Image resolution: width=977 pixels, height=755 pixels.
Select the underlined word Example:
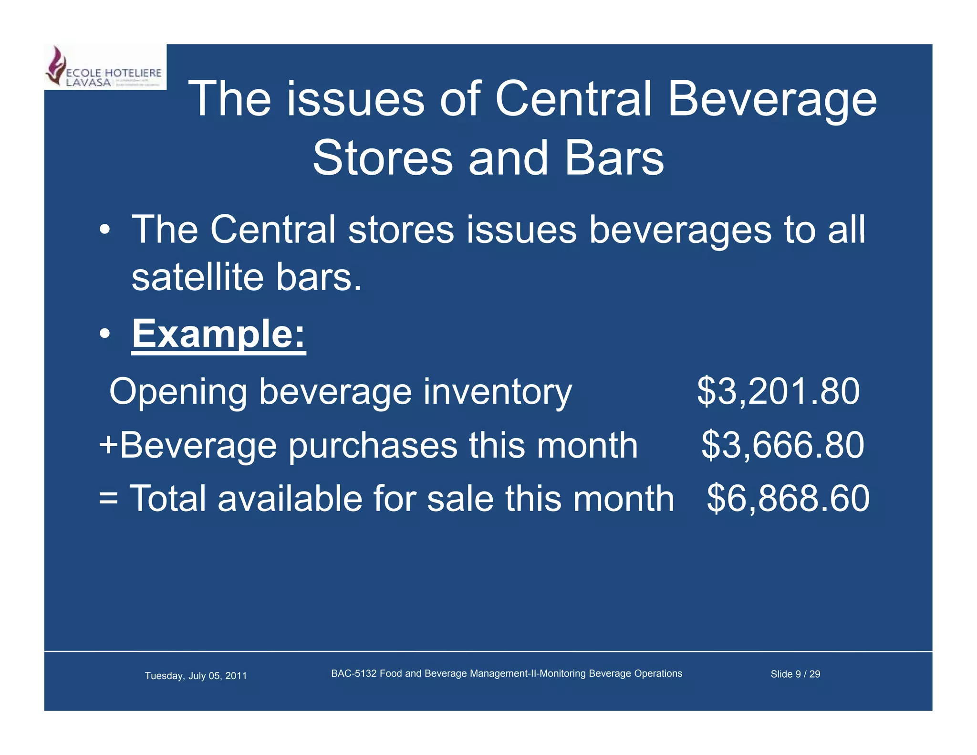coord(218,334)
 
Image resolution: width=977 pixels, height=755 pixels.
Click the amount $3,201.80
coord(778,391)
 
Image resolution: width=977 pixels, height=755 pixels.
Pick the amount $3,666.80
coord(782,445)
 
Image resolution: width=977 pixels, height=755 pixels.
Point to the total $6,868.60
coord(788,499)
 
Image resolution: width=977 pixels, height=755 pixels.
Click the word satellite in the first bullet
coord(197,277)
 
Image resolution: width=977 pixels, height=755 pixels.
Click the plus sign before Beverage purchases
coord(108,445)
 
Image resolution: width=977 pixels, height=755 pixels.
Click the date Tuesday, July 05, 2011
coord(196,676)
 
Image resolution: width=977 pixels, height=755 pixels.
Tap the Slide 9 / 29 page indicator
coord(795,674)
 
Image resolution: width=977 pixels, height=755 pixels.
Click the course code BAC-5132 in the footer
coord(353,673)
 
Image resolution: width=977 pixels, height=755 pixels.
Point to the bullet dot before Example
coord(105,334)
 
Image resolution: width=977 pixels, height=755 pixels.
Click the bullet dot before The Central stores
coord(105,230)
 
